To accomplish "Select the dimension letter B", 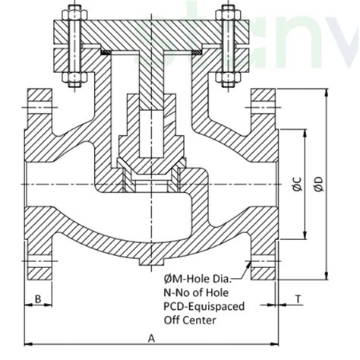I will (x=37, y=299).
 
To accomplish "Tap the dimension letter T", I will (x=298, y=299).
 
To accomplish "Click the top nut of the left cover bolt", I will (x=75, y=14).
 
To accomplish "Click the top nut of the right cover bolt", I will (x=226, y=14).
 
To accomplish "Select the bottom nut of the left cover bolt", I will (x=75, y=76).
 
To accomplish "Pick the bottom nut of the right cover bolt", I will (x=226, y=76).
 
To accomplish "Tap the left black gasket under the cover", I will (x=109, y=52).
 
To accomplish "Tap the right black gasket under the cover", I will (x=195, y=52).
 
